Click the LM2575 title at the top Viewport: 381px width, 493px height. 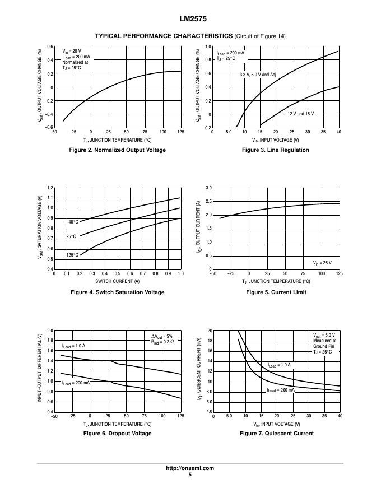coord(190,18)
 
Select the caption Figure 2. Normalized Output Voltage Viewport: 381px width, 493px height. coord(117,150)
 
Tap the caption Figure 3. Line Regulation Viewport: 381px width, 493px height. coord(276,150)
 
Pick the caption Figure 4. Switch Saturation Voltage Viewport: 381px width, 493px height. coord(117,292)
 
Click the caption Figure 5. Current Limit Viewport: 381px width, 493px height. coord(276,292)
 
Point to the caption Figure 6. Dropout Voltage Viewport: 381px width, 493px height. coord(117,433)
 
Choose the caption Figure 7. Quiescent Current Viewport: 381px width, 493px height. coord(276,433)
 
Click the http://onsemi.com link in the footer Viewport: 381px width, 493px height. coord(190,468)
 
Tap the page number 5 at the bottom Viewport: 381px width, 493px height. coord(190,475)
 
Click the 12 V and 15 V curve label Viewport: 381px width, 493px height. coord(301,114)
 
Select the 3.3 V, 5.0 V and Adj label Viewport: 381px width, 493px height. coord(258,74)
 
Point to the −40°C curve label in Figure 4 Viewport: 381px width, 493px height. coord(73,222)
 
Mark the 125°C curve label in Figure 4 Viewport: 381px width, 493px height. coord(72,255)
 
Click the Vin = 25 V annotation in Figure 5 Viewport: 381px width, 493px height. coord(322,263)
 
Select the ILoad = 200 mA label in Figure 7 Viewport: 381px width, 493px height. coord(281,390)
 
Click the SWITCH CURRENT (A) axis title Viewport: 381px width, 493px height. coord(117,281)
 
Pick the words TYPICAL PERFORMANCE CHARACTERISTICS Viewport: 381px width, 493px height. coord(163,36)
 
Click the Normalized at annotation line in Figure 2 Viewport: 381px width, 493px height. coord(75,62)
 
